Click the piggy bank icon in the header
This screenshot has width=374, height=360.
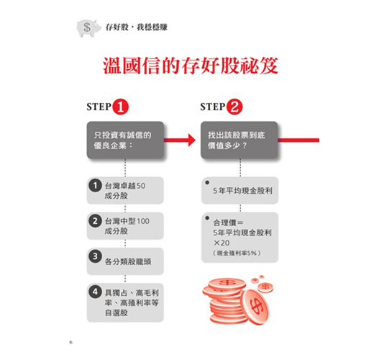[88, 28]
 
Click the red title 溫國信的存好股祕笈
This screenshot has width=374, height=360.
[191, 66]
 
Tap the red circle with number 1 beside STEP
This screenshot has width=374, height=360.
[121, 107]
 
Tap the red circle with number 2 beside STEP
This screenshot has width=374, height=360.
[234, 107]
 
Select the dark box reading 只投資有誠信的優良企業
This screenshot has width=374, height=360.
[125, 140]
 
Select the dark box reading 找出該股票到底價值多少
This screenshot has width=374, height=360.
[240, 140]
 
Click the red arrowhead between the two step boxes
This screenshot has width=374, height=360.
[192, 140]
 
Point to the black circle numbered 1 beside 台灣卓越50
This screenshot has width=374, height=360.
[95, 186]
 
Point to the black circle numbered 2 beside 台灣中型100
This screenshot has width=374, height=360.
[95, 221]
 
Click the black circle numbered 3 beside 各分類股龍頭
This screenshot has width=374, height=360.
[95, 256]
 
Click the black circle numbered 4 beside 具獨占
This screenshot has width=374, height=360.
[95, 292]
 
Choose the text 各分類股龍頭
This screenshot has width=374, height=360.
[128, 261]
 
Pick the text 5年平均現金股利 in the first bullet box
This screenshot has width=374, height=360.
[242, 191]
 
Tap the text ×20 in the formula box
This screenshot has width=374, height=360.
[222, 243]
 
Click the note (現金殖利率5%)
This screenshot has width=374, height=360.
[237, 253]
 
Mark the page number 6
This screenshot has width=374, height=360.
[70, 342]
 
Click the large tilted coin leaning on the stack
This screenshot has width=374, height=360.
[255, 307]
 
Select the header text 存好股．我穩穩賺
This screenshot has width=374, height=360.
[137, 27]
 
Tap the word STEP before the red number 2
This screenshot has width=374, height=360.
[213, 107]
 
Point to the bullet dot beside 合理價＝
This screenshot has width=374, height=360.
[207, 218]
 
